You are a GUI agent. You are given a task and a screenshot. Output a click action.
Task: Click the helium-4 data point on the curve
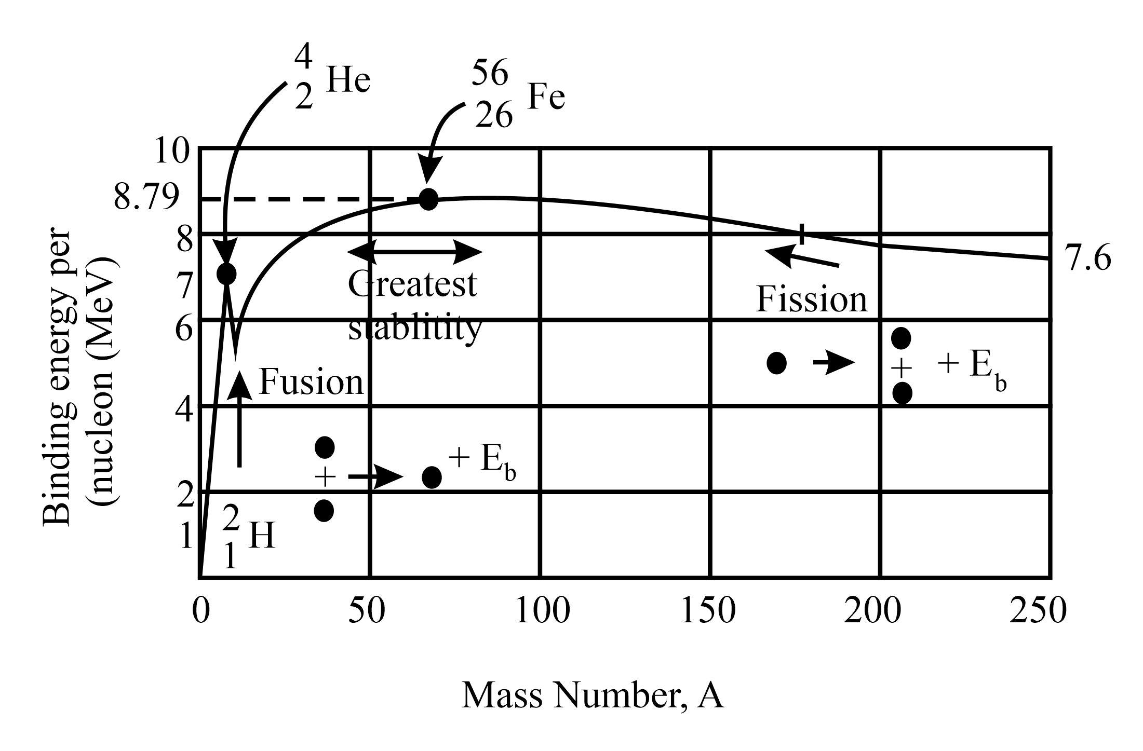(x=226, y=274)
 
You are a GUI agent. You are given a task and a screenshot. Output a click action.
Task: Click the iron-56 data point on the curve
(x=428, y=199)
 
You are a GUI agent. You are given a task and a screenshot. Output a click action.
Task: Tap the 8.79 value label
(x=147, y=198)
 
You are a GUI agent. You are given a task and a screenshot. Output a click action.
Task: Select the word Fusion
(x=311, y=383)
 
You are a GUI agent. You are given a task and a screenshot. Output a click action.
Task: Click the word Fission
(x=812, y=300)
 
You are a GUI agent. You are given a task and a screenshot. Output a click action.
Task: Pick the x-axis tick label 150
(x=708, y=611)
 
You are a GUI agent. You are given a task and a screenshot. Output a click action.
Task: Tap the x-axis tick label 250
(x=1038, y=611)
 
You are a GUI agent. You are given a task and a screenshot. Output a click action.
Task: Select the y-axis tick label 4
(x=184, y=411)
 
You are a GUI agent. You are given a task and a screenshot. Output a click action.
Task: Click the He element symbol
(x=348, y=81)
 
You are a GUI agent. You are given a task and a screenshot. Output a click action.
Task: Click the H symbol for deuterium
(x=261, y=536)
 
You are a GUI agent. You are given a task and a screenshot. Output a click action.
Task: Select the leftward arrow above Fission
(x=802, y=257)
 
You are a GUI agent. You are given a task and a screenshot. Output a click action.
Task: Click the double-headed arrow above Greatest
(x=415, y=252)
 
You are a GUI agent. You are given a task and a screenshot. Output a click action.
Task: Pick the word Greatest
(x=412, y=285)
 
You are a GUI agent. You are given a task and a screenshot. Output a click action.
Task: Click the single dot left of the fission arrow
(x=776, y=363)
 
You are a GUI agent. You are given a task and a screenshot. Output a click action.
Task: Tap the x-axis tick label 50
(x=367, y=611)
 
